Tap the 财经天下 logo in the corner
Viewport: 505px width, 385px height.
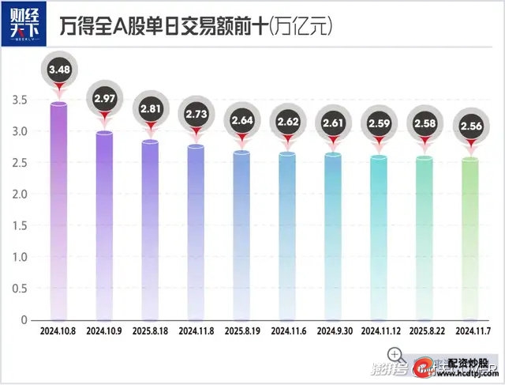point(25,23)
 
